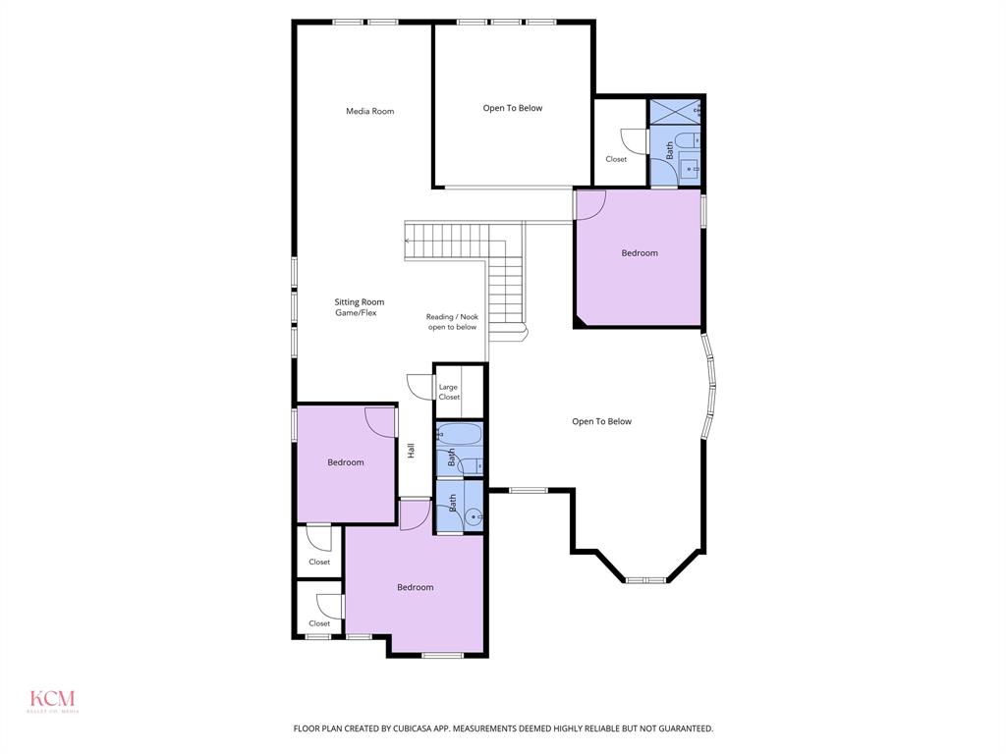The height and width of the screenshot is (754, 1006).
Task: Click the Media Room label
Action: [369, 111]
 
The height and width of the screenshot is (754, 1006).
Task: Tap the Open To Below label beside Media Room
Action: [512, 108]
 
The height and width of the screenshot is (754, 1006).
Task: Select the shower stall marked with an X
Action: [676, 111]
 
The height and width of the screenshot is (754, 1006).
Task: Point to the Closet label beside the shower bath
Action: [616, 159]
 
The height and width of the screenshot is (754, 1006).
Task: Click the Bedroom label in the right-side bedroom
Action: [639, 253]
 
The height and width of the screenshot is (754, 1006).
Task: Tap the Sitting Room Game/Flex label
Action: [359, 307]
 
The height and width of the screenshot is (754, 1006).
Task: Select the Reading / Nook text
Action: [452, 317]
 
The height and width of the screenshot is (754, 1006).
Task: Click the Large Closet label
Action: [448, 392]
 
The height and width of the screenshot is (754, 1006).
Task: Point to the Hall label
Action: [412, 451]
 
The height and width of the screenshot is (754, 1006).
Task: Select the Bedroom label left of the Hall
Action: [346, 462]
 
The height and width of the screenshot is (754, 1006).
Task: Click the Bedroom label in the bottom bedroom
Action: [415, 587]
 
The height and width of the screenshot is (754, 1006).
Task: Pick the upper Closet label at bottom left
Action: [319, 563]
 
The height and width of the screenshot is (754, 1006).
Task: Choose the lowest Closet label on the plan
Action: [319, 623]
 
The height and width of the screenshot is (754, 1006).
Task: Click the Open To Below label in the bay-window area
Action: [601, 421]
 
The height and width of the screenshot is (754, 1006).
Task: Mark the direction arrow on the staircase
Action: [409, 240]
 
